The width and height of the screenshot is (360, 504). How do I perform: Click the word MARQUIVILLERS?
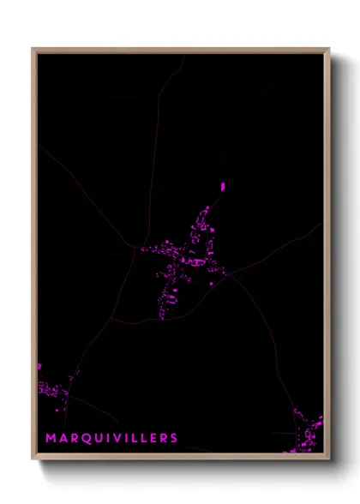tap(112, 438)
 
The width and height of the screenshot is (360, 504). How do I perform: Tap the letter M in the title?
tap(51, 438)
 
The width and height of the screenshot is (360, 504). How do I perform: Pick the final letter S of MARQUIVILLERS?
tap(174, 438)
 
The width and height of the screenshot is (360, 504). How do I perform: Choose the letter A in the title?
tap(63, 438)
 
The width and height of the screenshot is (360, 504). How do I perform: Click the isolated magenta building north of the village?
tap(223, 185)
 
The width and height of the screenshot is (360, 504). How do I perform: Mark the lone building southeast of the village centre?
tap(212, 283)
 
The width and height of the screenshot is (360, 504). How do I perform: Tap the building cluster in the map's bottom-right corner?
tap(309, 433)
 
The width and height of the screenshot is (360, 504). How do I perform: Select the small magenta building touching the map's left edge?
tap(39, 366)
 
